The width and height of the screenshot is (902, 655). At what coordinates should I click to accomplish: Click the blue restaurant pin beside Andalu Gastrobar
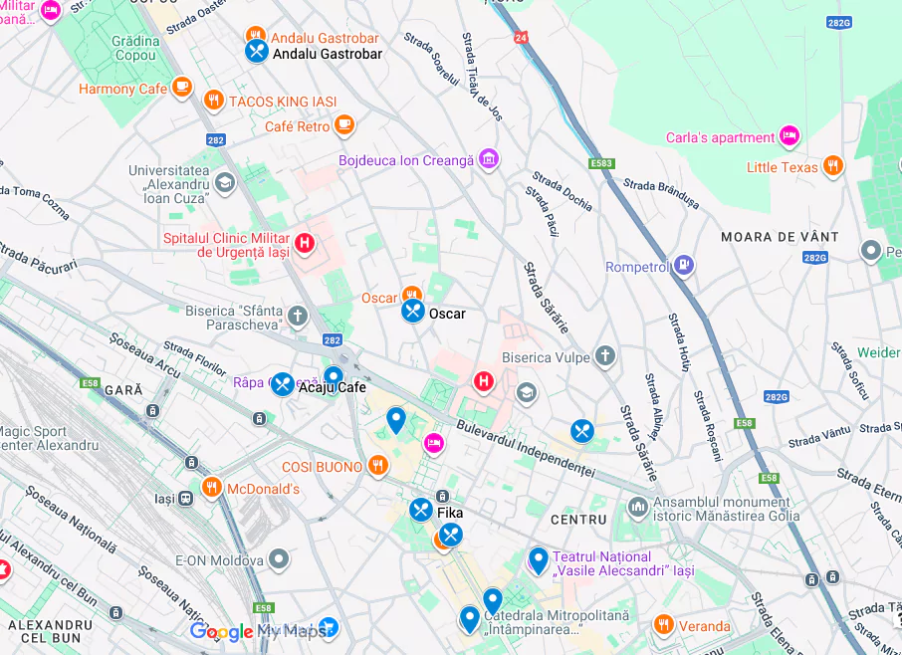(x=257, y=51)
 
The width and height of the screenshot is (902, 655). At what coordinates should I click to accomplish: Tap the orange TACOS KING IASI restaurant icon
(x=213, y=101)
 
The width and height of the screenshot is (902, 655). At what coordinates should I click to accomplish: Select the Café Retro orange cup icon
(x=344, y=124)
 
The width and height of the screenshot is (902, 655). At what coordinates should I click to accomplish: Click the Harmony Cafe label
(x=123, y=89)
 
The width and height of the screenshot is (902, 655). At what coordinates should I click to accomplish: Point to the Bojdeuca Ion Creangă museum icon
(x=488, y=159)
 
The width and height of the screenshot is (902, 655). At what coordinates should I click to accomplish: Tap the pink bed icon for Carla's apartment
(x=789, y=135)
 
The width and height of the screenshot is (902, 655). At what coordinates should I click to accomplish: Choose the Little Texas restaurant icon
(x=833, y=165)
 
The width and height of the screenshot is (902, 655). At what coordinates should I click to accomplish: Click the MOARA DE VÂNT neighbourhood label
(x=780, y=237)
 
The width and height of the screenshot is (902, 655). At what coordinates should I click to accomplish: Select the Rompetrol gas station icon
(x=683, y=265)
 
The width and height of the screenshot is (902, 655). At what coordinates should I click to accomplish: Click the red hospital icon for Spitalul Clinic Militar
(x=305, y=242)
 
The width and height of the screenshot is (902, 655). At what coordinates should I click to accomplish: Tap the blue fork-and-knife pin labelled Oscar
(x=413, y=311)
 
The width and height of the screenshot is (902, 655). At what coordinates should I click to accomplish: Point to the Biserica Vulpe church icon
(x=605, y=356)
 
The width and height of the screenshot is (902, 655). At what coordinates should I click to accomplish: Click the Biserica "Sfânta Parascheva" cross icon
(x=298, y=317)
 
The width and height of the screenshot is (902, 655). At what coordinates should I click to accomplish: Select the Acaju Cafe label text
(x=333, y=387)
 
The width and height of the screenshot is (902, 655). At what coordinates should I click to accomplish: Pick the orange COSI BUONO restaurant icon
(x=377, y=465)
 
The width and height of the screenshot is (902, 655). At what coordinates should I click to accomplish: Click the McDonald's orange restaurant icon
(x=211, y=488)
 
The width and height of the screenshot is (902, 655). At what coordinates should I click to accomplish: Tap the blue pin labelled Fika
(x=421, y=510)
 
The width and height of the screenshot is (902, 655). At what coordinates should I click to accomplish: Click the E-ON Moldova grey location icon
(x=280, y=558)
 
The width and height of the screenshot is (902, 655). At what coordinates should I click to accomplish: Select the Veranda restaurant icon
(x=664, y=625)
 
